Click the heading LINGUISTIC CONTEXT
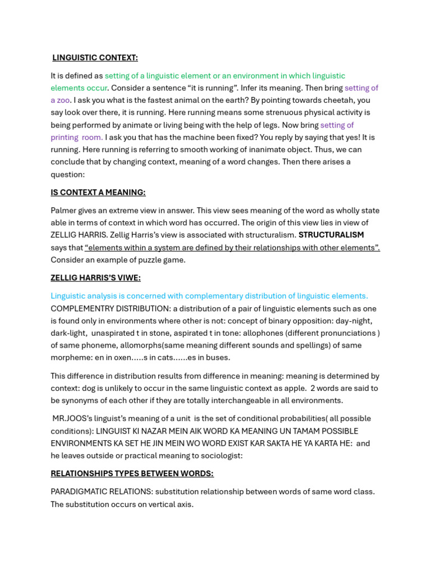(x=95, y=58)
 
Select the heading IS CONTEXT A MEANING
(x=98, y=193)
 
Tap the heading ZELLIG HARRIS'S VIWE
(x=95, y=278)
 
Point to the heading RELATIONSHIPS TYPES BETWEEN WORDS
(x=132, y=473)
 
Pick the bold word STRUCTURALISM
(x=331, y=235)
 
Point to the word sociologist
(x=218, y=456)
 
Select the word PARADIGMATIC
(x=77, y=492)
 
